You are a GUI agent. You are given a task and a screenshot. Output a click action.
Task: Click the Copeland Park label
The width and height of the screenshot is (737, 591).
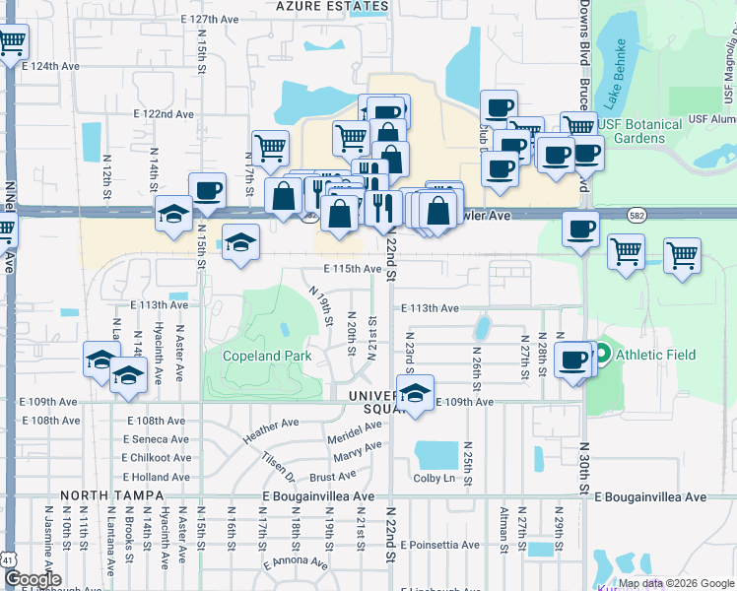click(x=267, y=356)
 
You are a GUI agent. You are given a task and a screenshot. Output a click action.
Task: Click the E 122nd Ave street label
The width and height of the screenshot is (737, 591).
click(x=164, y=114)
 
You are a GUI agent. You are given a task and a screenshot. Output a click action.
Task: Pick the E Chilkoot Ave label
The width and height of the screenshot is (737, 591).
click(x=157, y=458)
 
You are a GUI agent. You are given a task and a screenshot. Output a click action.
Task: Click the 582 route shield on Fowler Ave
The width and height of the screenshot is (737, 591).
click(x=634, y=214)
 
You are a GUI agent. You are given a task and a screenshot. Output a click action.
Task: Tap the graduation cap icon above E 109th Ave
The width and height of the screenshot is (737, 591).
click(x=416, y=390)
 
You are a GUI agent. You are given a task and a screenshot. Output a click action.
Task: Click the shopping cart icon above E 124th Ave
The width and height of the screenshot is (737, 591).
click(x=11, y=43)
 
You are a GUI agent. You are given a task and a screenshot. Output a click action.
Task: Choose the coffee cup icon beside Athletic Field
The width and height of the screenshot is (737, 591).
click(x=572, y=360)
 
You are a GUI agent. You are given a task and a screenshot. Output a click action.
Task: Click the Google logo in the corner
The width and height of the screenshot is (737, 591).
click(x=33, y=578)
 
